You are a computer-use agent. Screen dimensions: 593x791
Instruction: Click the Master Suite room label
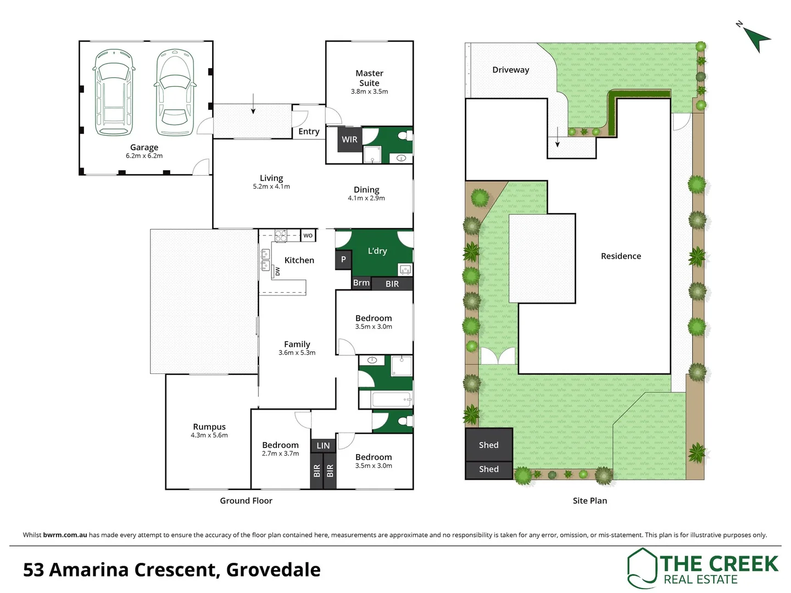(369, 78)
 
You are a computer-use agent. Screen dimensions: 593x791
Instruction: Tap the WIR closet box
(349, 139)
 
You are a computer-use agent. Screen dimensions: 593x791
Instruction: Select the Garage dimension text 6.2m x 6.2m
(144, 156)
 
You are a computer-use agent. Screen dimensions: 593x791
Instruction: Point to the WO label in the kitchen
(308, 236)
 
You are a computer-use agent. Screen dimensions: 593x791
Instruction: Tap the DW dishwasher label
(277, 271)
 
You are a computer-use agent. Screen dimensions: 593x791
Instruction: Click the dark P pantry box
(343, 260)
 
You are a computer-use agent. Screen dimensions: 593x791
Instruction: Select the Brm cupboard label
(361, 283)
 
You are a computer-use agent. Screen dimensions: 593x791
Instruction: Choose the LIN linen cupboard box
(323, 446)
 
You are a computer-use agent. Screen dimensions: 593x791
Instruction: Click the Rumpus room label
(209, 427)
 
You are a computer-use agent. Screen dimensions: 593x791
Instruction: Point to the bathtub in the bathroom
(392, 399)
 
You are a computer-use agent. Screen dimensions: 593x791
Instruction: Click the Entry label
(309, 131)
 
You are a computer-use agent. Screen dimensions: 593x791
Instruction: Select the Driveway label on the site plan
(510, 70)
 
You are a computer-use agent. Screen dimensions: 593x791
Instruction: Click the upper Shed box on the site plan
(488, 445)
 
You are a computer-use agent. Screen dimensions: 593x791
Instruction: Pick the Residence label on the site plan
(621, 256)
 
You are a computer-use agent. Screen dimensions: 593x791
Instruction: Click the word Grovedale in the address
(273, 570)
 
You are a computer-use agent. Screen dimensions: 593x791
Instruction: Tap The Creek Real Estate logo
(703, 568)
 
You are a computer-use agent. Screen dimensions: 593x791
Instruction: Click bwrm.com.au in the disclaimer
(65, 535)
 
